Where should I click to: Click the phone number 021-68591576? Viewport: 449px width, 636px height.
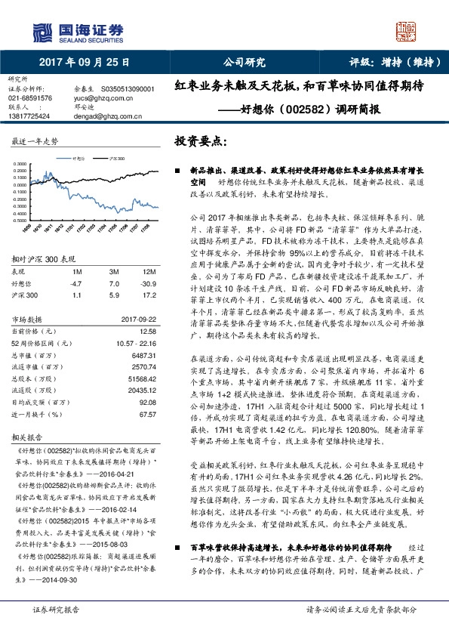click(x=30, y=98)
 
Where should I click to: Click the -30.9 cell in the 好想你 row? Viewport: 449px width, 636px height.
click(x=149, y=282)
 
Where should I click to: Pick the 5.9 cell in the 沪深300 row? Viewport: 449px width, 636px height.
click(x=115, y=294)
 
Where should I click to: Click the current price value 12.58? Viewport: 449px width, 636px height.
click(x=147, y=331)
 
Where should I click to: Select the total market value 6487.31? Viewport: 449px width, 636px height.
click(x=143, y=354)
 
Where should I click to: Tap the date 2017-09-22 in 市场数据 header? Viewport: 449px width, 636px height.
click(x=138, y=320)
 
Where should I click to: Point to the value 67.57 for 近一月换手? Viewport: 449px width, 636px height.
click(x=147, y=415)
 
